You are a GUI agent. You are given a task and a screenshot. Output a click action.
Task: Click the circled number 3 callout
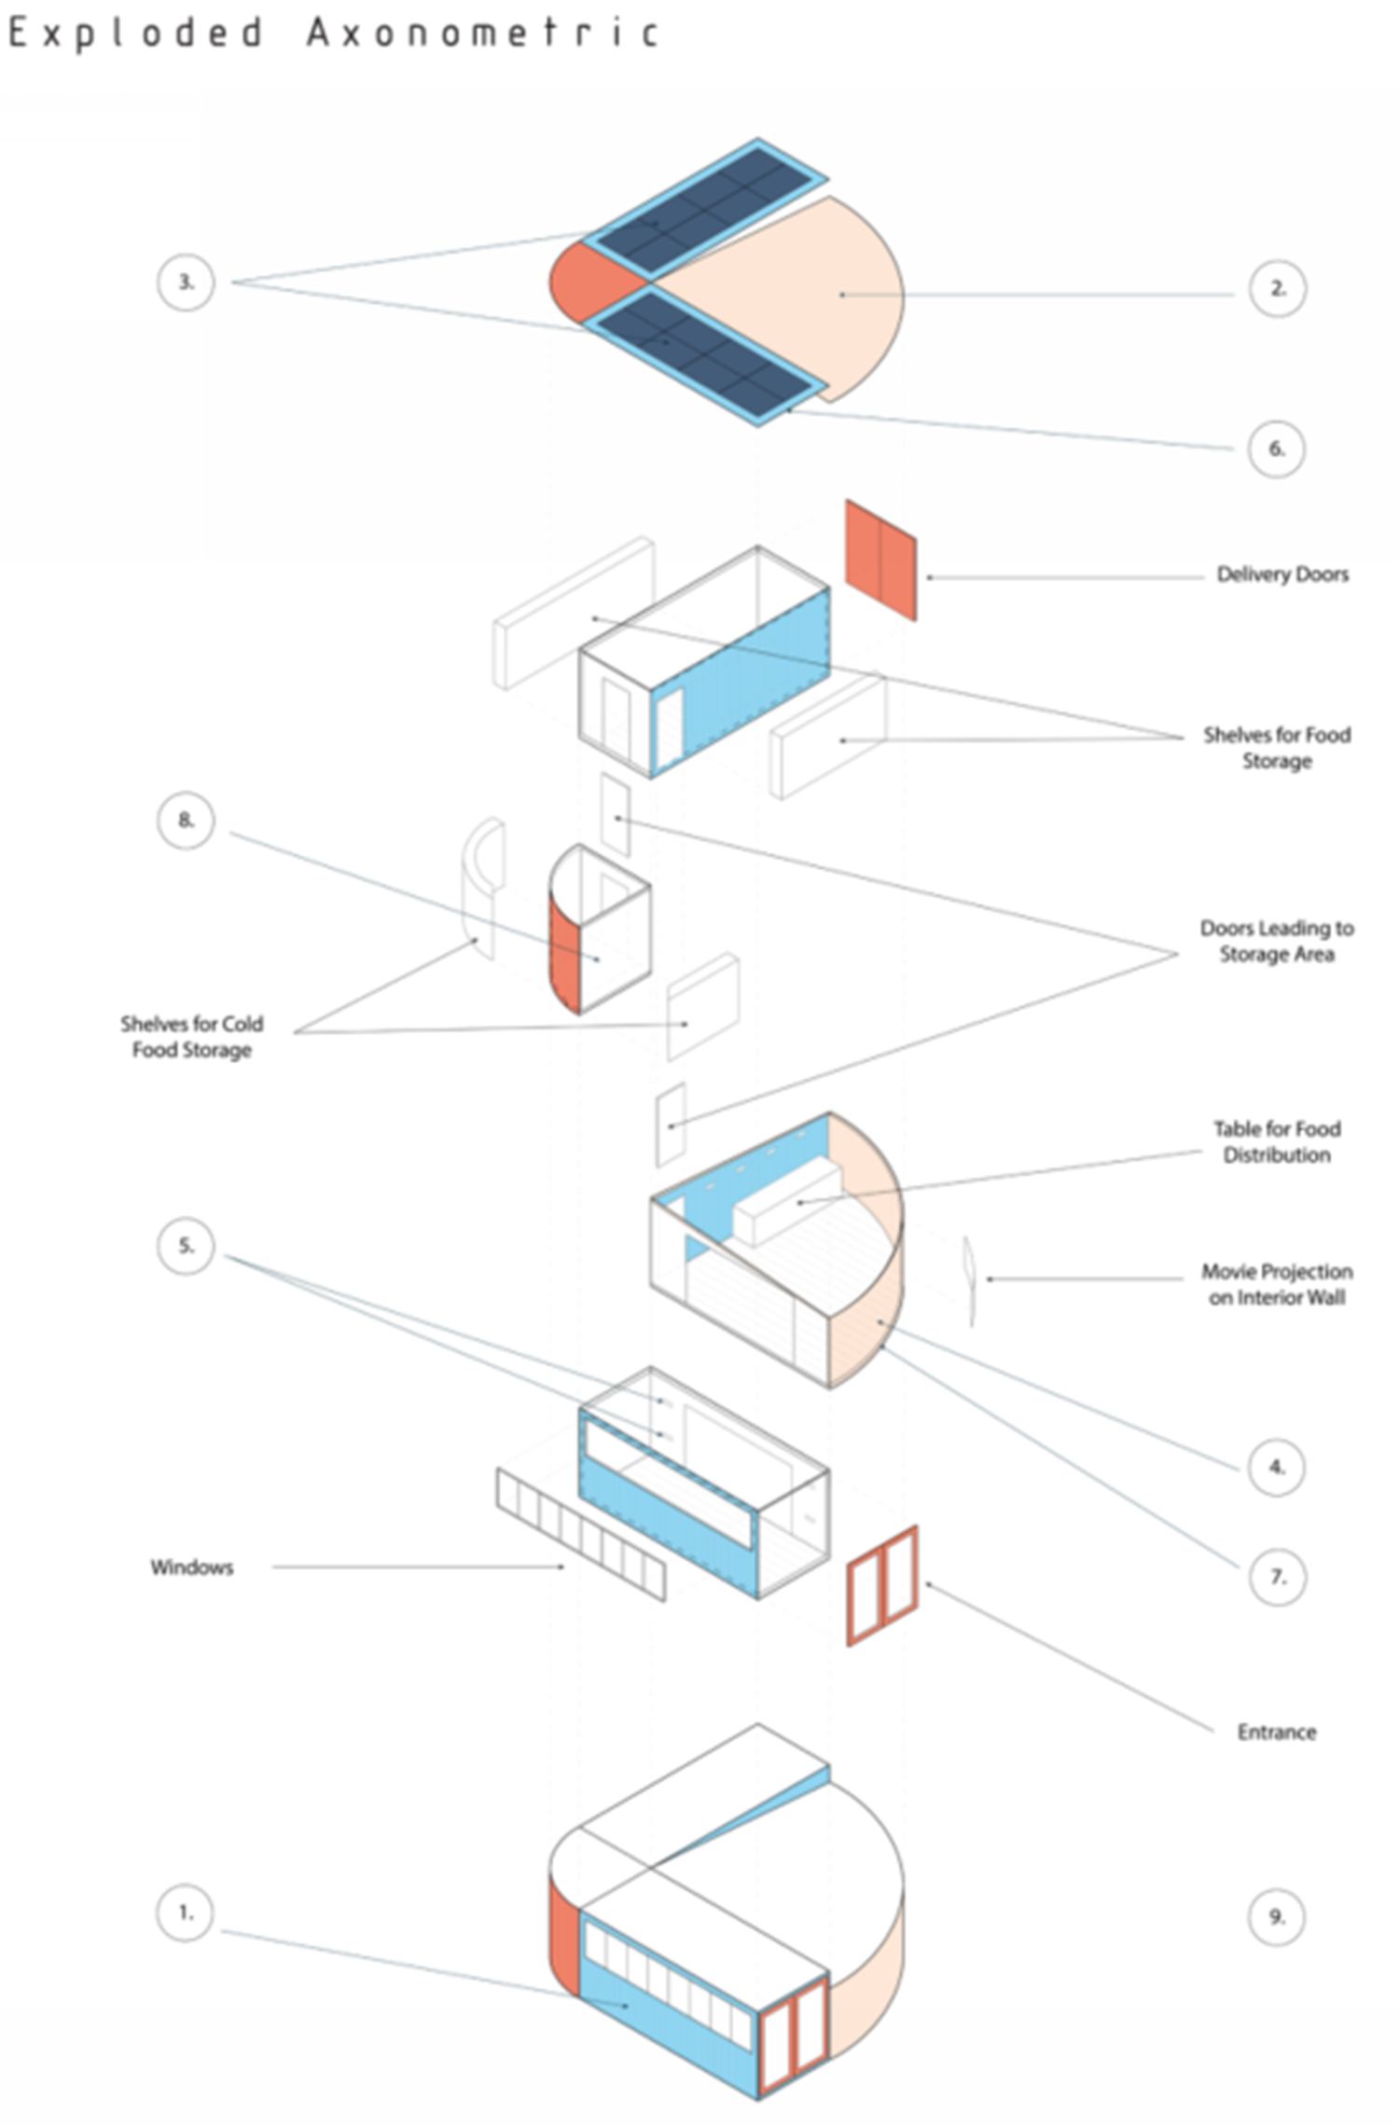pos(186,282)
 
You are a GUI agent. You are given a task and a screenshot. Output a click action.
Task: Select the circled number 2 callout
pos(1277,288)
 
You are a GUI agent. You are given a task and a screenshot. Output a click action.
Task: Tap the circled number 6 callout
pos(1276,449)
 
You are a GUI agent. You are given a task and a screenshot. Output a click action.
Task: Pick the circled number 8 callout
pos(186,820)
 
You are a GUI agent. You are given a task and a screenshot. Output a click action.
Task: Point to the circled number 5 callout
pos(186,1246)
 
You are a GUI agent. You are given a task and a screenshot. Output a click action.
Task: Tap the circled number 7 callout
pos(1277,1577)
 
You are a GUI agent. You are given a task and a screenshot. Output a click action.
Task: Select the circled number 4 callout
pos(1276,1467)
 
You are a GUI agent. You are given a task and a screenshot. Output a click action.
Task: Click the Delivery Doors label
pos(1282,574)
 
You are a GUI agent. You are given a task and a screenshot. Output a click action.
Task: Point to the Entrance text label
pos(1277,1733)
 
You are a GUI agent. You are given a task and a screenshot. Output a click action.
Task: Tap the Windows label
pos(192,1567)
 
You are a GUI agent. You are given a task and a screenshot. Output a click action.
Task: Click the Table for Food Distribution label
pos(1277,1141)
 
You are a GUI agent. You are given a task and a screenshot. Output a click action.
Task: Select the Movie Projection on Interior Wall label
pos(1277,1284)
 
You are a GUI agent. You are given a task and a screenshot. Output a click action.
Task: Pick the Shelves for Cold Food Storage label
pos(192,1037)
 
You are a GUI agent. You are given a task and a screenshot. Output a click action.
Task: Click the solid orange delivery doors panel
pos(880,559)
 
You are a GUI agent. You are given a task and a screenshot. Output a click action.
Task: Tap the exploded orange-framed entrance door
pos(882,1586)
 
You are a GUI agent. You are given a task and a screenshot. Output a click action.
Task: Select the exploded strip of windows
pos(581,1535)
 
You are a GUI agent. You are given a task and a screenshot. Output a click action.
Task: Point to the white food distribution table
pos(789,1203)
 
